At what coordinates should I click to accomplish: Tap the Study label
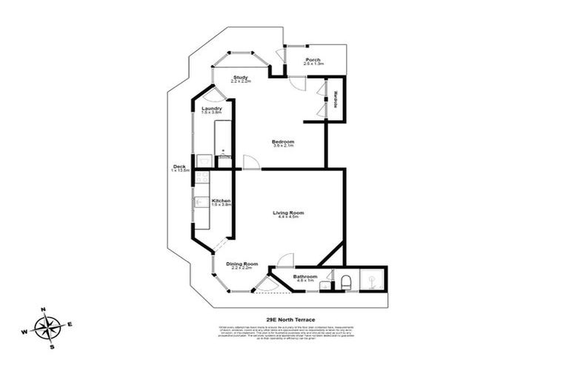[240, 77]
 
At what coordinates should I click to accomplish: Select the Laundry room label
[212, 109]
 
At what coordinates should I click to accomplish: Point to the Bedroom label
[283, 141]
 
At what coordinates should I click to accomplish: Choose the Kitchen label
[222, 200]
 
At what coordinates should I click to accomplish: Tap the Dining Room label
[242, 264]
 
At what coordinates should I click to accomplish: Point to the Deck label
[179, 166]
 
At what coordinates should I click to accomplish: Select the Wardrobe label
[336, 99]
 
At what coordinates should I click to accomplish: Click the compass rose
[49, 326]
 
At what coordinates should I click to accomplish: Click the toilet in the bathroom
[345, 281]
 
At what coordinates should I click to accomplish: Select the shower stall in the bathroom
[368, 278]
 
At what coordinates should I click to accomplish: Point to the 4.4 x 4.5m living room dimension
[287, 217]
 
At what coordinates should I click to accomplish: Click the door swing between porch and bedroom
[296, 84]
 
